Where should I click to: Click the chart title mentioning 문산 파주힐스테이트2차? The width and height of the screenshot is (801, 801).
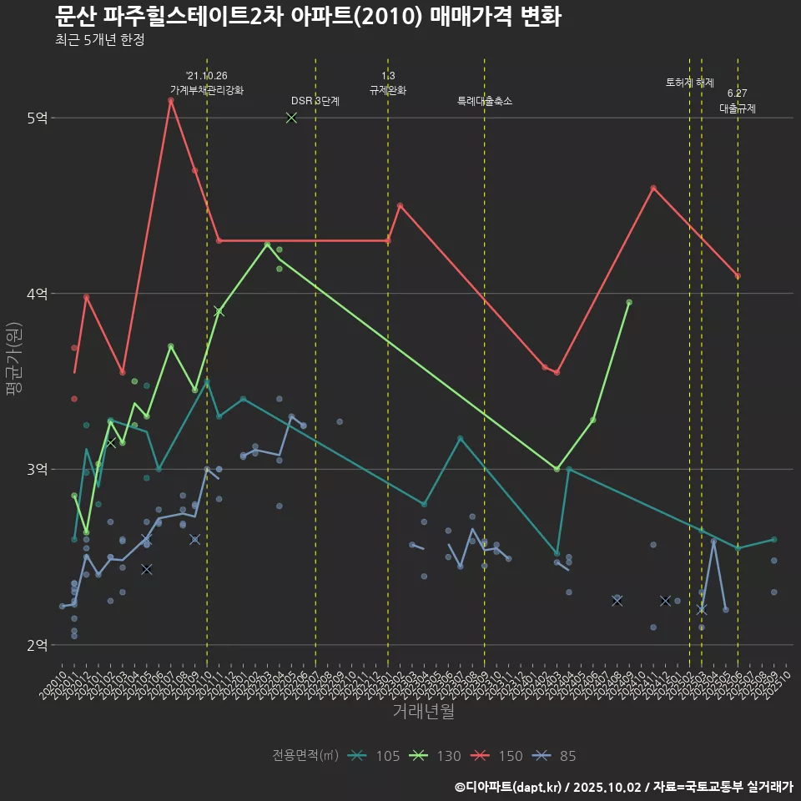click(x=307, y=17)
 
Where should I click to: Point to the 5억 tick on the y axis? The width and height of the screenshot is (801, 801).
click(x=37, y=118)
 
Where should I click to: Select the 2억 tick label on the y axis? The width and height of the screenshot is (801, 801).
click(x=37, y=645)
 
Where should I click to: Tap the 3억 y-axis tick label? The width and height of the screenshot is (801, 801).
click(x=37, y=470)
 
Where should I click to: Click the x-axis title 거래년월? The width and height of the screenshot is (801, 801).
click(x=424, y=712)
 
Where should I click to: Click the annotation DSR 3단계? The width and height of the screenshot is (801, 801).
click(x=315, y=101)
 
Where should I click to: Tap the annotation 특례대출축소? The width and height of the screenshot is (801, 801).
click(x=485, y=101)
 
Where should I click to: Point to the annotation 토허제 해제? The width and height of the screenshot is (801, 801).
click(x=690, y=83)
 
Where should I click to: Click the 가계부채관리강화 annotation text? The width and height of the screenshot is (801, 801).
click(x=207, y=90)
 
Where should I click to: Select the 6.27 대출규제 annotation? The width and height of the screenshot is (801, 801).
click(x=738, y=102)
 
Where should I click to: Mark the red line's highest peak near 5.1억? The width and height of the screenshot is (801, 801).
click(x=170, y=100)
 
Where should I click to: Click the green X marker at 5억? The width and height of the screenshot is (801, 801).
click(x=291, y=118)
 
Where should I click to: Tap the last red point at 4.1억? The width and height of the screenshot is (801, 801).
click(x=738, y=276)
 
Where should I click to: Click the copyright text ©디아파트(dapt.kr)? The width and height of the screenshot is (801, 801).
click(x=511, y=787)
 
